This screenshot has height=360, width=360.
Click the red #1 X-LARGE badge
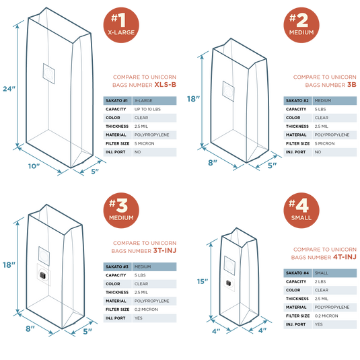121,25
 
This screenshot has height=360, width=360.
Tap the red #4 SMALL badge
301,211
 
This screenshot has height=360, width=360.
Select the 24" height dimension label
9,89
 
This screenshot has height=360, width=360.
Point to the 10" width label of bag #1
34,166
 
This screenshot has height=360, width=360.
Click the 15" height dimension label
203,281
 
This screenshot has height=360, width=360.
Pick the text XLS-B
166,85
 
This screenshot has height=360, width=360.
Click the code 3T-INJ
165,250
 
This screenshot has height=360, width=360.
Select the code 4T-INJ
345,257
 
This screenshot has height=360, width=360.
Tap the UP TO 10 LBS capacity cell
147,109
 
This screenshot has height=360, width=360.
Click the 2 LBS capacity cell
320,281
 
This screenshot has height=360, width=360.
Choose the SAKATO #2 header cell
297,100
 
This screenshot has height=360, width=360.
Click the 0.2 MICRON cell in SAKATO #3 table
146,310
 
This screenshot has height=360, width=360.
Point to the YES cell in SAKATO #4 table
318,324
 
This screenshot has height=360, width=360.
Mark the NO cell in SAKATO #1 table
137,152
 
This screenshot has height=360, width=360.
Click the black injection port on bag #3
42,275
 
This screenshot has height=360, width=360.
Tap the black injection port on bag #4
229,283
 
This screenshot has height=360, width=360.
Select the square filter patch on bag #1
48,73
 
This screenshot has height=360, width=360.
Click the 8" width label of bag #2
213,163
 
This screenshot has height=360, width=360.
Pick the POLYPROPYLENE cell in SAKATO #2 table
332,135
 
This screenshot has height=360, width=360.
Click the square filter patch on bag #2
228,91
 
